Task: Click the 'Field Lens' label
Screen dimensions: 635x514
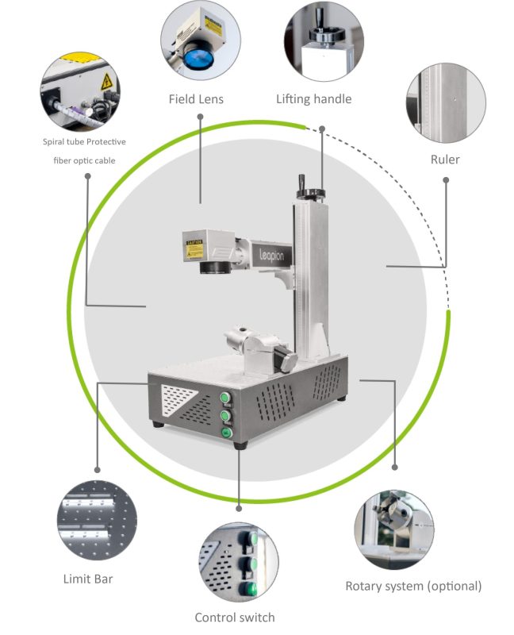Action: pos(195,99)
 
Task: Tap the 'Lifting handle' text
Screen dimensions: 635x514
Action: pos(313,99)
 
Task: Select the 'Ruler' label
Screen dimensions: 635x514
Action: pos(445,160)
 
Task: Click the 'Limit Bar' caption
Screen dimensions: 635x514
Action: pos(87,579)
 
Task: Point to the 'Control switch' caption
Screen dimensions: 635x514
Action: pos(235,617)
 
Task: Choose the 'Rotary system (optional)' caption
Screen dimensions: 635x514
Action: pos(413,587)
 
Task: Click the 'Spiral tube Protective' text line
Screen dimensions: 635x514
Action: pos(84,142)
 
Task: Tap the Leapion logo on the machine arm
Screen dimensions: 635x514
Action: pos(276,253)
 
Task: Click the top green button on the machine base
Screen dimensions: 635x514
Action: pos(225,398)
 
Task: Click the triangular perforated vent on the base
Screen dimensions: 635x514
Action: pos(176,401)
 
